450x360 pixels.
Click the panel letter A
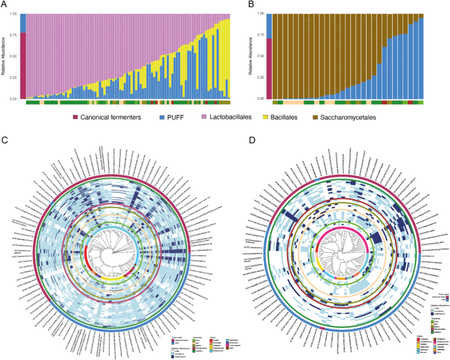click(x=5, y=5)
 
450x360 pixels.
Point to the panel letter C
click(x=5, y=140)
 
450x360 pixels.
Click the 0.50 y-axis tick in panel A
click(x=12, y=56)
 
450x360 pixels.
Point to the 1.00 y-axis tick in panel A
click(x=12, y=13)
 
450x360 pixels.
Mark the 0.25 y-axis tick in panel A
click(x=12, y=78)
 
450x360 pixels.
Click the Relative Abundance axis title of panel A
click(x=4, y=56)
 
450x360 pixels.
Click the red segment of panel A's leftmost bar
click(x=22, y=66)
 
